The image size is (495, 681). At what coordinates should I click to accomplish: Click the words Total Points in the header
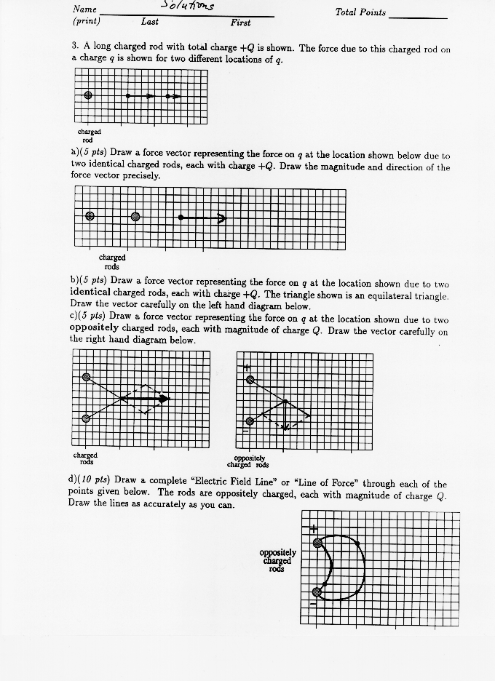tap(360, 13)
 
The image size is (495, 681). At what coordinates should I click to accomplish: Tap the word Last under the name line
tap(150, 22)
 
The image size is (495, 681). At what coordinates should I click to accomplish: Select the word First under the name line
tap(241, 23)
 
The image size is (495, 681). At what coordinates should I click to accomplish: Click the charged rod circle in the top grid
tap(88, 95)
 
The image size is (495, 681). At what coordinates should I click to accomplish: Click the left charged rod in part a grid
tap(90, 216)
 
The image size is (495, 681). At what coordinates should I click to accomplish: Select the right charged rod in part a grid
tap(135, 216)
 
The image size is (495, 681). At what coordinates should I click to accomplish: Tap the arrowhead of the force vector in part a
tap(222, 216)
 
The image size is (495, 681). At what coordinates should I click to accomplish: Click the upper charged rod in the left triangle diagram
tap(87, 377)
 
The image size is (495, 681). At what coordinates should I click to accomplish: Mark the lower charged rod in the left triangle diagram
tap(87, 418)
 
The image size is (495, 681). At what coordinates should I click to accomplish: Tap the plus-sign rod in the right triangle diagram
tap(250, 379)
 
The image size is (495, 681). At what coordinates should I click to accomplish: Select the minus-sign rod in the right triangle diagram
tap(250, 421)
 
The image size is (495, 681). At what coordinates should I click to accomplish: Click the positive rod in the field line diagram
tap(317, 542)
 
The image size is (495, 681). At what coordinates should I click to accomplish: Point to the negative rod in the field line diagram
tap(317, 592)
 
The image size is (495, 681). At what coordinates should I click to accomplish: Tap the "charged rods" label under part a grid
tap(112, 262)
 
